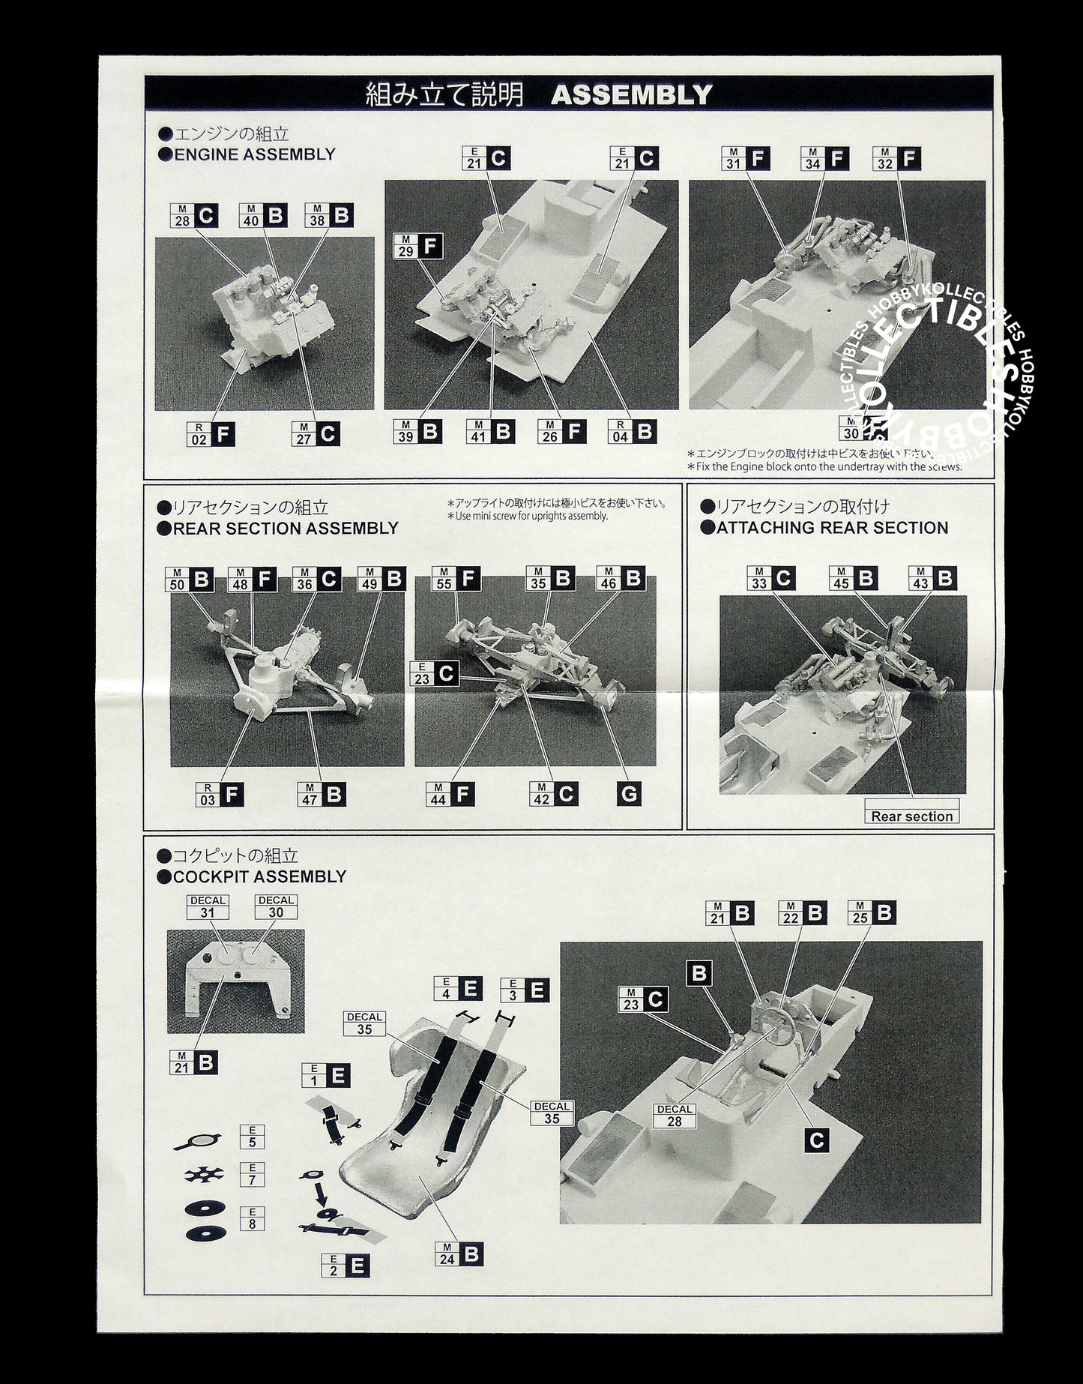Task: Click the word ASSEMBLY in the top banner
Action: pos(631,94)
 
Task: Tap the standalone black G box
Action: pos(629,793)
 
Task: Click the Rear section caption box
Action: pos(911,816)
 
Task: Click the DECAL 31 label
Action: pos(208,906)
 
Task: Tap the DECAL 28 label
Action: pos(674,1116)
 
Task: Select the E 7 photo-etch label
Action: pos(252,1174)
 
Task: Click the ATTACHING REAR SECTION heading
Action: pos(832,527)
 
